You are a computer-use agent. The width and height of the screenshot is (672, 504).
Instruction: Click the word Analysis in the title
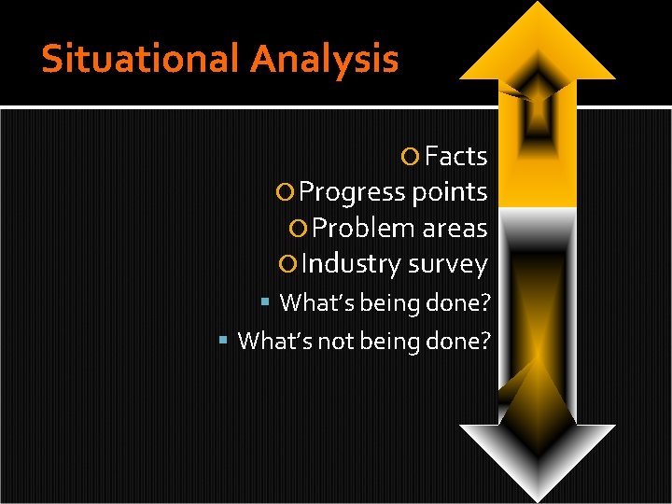(324, 59)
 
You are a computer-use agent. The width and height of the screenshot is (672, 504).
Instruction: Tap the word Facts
(456, 156)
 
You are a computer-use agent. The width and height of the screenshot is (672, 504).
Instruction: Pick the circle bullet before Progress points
(287, 192)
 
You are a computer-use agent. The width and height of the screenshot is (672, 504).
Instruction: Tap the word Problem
(364, 228)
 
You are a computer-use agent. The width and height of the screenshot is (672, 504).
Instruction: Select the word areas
(455, 228)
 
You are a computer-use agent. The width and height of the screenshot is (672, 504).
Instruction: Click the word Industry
(351, 264)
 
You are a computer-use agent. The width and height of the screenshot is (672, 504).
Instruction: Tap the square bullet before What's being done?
(266, 302)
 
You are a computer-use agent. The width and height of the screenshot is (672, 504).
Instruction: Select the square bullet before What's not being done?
(223, 341)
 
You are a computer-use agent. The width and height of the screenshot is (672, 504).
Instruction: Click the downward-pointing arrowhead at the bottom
(537, 457)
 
